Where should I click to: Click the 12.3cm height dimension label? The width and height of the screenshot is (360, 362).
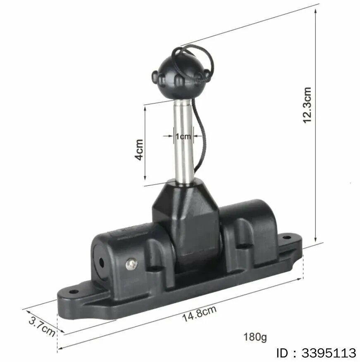click(307, 105)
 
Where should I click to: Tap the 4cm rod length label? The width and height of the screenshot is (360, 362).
click(139, 149)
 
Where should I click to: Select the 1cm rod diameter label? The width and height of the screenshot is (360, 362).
click(183, 137)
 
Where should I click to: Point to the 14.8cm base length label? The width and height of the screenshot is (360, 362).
click(199, 313)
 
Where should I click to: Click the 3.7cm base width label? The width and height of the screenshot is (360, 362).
click(42, 327)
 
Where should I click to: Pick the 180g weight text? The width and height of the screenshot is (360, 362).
click(255, 337)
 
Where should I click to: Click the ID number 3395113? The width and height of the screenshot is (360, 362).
click(329, 353)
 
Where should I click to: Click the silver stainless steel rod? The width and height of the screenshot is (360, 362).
click(184, 141)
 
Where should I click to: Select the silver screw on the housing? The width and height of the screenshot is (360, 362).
click(131, 264)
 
